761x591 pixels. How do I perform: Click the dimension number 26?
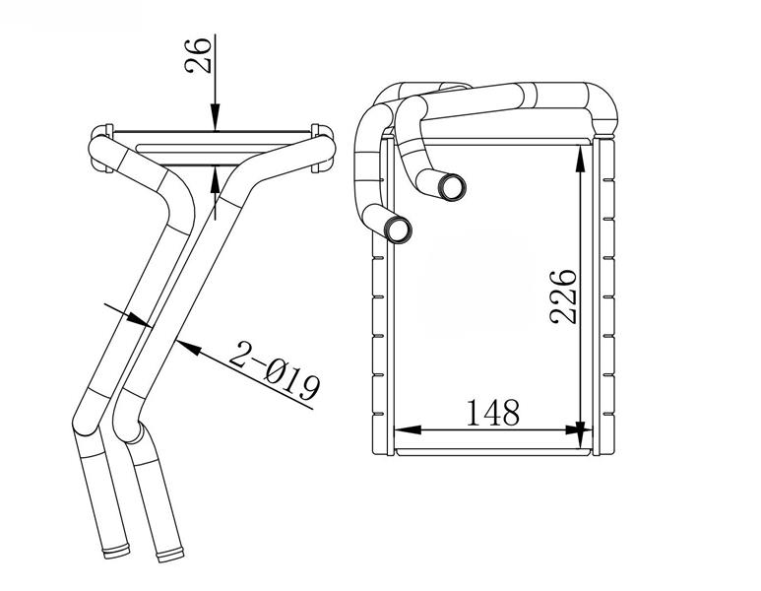[x=199, y=54]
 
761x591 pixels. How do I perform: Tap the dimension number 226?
[x=563, y=296]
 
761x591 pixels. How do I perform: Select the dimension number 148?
[x=493, y=414]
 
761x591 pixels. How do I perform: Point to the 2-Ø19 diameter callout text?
[x=275, y=370]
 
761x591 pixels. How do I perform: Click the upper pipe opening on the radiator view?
[x=452, y=187]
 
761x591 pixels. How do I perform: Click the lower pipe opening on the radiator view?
[x=398, y=230]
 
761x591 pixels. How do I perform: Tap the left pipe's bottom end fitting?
[x=116, y=552]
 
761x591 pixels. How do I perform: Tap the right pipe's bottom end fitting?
[x=170, y=555]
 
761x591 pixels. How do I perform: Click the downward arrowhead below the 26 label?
[x=215, y=117]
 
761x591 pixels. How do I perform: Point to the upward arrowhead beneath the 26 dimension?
[x=216, y=180]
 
